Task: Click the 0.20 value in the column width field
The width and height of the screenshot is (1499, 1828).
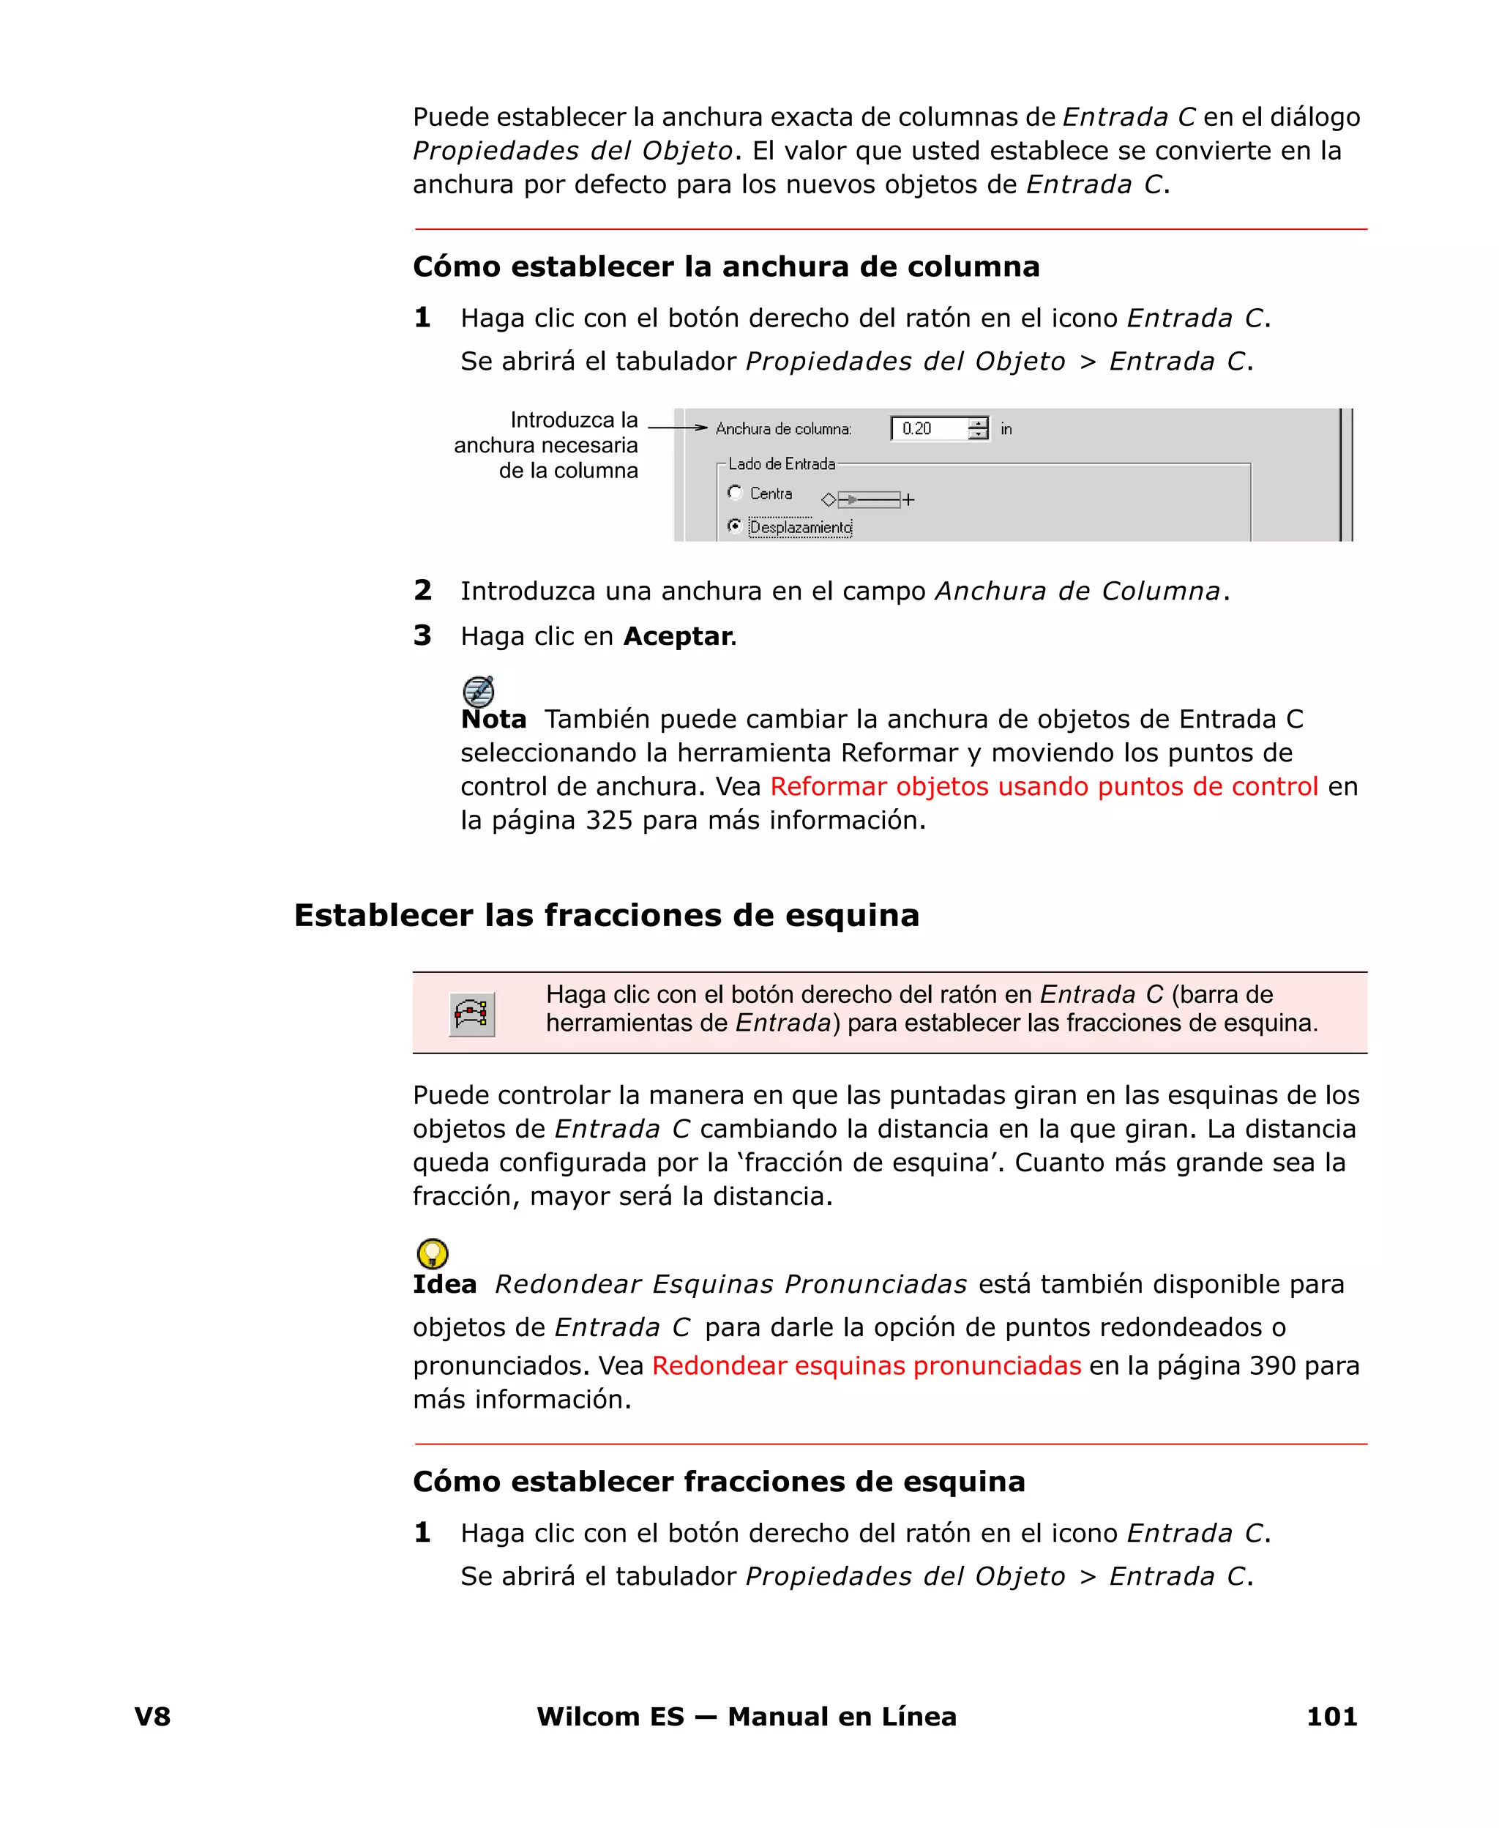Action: [917, 429]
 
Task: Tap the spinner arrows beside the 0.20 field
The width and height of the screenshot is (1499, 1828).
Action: [977, 429]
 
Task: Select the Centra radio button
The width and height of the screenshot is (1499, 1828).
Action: [735, 492]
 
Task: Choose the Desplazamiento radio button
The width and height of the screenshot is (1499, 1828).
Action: [735, 525]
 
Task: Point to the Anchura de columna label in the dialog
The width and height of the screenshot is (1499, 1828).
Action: [783, 429]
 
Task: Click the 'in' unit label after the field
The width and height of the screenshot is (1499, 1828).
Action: [1006, 429]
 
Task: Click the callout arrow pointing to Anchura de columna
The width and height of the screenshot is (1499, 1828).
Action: [678, 428]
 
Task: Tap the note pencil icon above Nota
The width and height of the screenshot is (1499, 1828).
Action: [479, 691]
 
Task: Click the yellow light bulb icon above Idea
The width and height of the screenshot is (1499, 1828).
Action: [432, 1253]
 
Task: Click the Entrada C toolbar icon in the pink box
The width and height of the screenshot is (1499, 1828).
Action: [471, 1014]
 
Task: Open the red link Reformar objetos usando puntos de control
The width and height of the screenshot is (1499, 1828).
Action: [1044, 787]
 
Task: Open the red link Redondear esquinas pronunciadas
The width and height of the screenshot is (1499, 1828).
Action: [866, 1366]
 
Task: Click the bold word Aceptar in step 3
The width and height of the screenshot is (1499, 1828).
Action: [677, 636]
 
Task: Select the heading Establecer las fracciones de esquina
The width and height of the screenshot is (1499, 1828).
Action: [606, 915]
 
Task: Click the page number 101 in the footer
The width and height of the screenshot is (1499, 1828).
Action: [1331, 1717]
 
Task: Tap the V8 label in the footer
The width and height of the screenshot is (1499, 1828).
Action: [153, 1717]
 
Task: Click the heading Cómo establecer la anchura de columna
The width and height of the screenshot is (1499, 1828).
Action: [725, 266]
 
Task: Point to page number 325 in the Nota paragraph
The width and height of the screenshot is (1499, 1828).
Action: [609, 821]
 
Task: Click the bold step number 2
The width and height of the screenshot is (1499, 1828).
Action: [422, 591]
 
